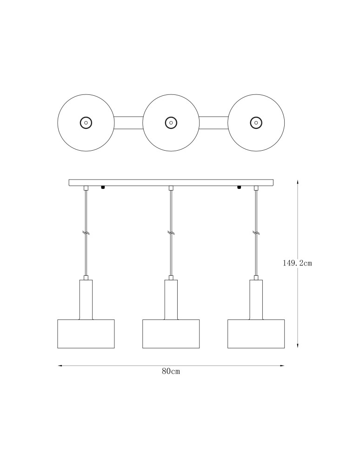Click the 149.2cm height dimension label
297,263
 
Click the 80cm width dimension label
171,372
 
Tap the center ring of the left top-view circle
86,123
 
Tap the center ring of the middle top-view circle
171,123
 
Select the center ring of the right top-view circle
256,123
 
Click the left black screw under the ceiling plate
103,188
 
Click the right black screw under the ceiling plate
239,188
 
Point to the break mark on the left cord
86,232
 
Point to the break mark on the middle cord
171,232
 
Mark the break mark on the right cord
256,232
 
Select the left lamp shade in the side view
86,334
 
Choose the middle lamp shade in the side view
171,334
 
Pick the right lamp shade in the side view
256,334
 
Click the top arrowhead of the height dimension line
298,182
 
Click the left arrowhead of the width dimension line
60,366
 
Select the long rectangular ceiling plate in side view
171,182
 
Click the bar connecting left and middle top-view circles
128,123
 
